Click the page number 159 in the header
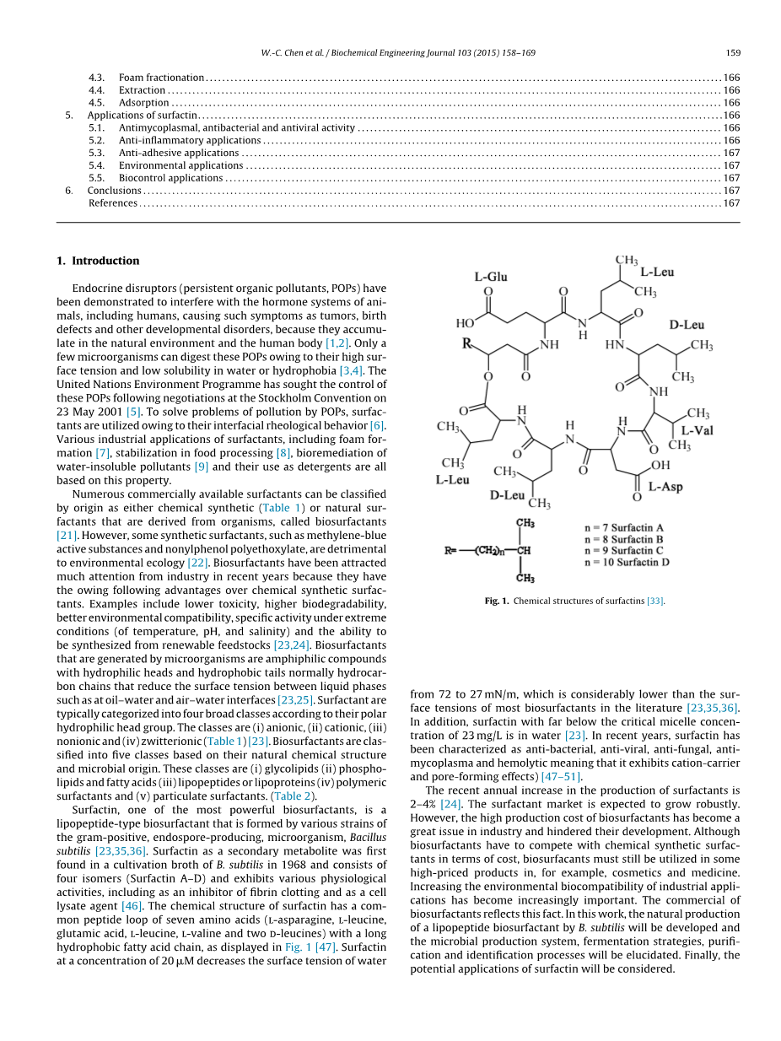(733, 53)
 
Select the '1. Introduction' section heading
(98, 261)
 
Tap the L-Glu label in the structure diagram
(491, 277)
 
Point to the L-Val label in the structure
(698, 430)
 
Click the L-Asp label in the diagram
(665, 487)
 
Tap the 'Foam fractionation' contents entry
(161, 78)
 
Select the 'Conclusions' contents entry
(115, 191)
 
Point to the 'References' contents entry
(113, 203)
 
